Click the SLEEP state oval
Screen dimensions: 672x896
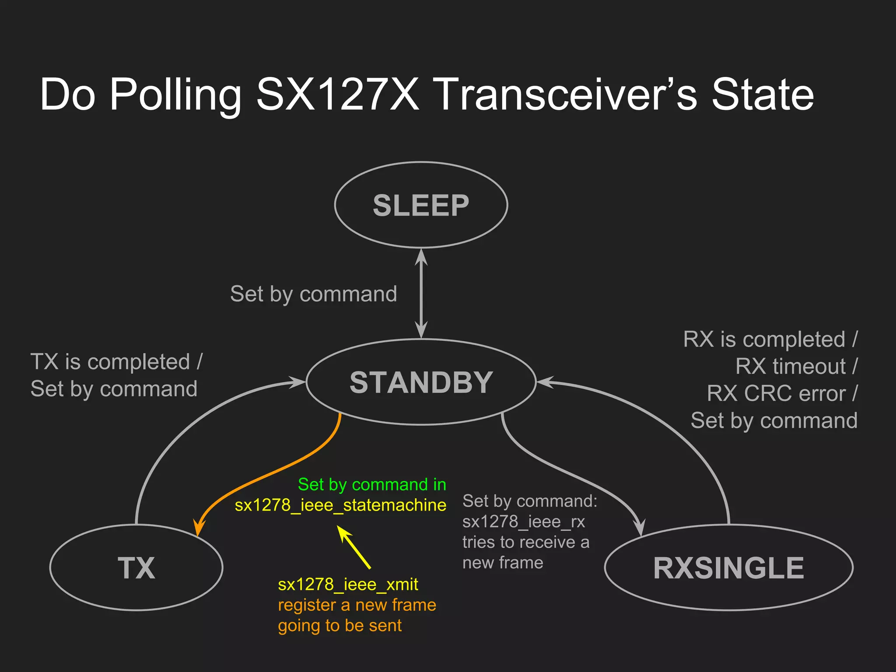[421, 205]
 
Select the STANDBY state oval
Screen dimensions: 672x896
[421, 382]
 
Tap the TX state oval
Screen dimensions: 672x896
[136, 567]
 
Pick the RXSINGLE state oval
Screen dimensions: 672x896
[728, 567]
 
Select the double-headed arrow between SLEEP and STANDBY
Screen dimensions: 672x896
[421, 293]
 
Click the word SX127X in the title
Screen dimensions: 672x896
[337, 94]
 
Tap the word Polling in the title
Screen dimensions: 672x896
[175, 94]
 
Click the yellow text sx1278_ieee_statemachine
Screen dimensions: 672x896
[340, 505]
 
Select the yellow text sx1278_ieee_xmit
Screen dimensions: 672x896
[348, 584]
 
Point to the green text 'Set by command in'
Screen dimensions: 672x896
[372, 485]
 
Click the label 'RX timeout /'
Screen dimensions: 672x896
[796, 366]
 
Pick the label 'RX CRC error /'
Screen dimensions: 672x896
[782, 393]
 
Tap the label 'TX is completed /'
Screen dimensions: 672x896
[116, 362]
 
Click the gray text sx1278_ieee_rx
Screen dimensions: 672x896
[523, 521]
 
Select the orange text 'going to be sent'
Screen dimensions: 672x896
[339, 626]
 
